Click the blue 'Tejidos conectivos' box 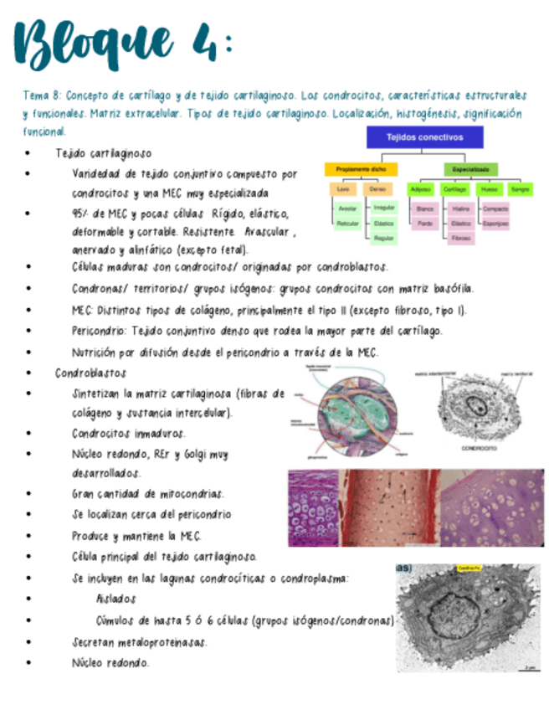click(424, 137)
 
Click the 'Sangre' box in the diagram click(521, 190)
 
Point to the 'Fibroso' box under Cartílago click(459, 239)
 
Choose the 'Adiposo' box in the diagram click(423, 190)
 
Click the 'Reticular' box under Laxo click(346, 224)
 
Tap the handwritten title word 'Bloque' click(92, 48)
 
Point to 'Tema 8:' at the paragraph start click(41, 96)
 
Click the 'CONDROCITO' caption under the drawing click(476, 447)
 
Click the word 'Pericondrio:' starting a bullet click(99, 331)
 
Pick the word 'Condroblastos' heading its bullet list click(90, 373)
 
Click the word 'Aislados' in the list click(115, 599)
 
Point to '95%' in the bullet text click(82, 214)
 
